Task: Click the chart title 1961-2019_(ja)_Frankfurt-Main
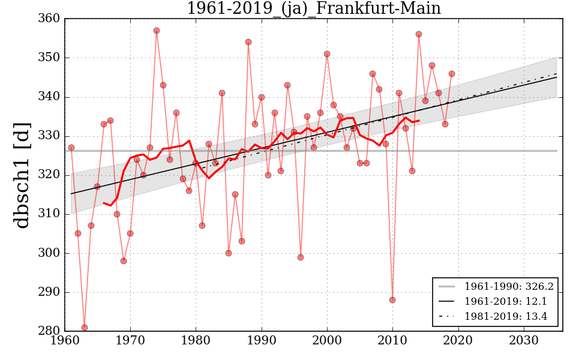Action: coord(313,8)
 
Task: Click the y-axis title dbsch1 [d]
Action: coord(22,175)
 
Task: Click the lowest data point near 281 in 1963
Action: coord(85,328)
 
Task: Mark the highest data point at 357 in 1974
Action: coord(157,31)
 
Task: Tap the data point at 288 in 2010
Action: coord(392,300)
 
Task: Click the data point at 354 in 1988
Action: coord(248,42)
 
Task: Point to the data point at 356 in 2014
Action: coord(419,34)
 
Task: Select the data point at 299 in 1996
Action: coord(301,257)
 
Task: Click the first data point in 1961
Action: coord(71,148)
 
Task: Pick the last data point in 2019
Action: coord(452,74)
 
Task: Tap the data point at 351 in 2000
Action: coord(327,54)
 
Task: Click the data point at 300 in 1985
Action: coord(229,253)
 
